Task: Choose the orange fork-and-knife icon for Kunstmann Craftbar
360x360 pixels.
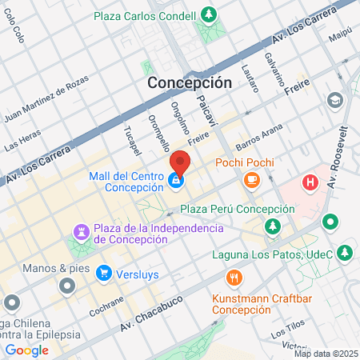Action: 234,278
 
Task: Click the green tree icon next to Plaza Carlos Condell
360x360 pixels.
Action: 209,15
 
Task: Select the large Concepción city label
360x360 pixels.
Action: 189,82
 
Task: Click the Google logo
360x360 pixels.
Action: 26,350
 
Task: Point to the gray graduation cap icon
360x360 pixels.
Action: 334,100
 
